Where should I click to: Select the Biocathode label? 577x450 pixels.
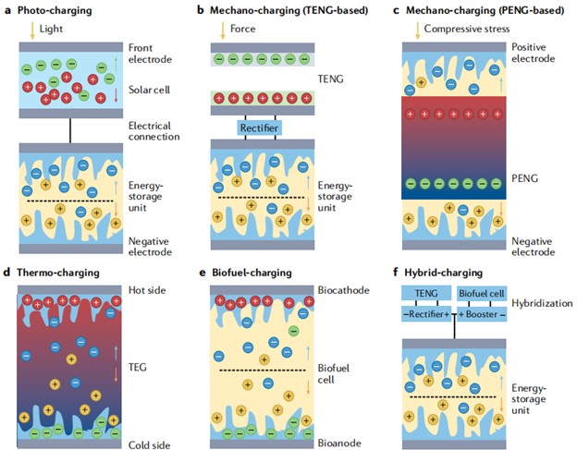(341, 290)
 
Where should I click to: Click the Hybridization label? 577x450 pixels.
(543, 302)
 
